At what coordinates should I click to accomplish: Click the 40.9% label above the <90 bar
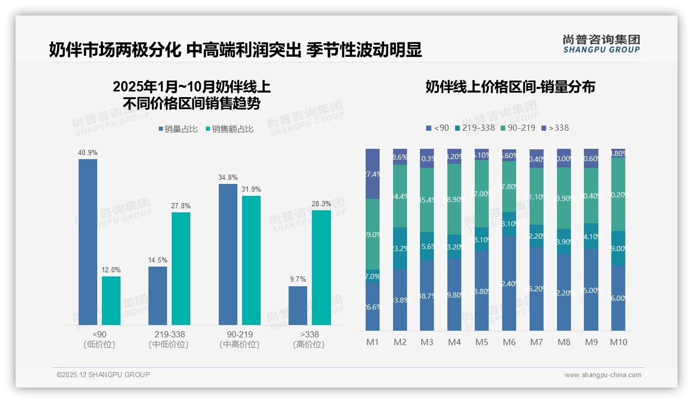coord(87,153)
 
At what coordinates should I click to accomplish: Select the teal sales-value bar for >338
coord(321,267)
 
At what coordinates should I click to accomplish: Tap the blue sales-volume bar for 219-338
coord(158,296)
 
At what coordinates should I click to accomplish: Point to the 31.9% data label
coord(251,189)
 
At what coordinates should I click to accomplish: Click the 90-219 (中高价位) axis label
coord(239,339)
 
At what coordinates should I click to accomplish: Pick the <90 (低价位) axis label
coord(99,339)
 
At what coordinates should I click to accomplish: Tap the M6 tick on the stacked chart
coord(509,342)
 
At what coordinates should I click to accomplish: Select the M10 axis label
coord(618,342)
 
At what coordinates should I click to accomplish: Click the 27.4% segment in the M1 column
coord(372,174)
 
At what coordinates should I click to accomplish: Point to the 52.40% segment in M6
coord(509,283)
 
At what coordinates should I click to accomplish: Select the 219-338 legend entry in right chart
coord(475,128)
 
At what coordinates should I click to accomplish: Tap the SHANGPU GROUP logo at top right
coord(601,44)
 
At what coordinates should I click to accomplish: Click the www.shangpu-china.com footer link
coord(602,375)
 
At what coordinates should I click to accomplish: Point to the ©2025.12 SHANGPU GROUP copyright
coord(103,375)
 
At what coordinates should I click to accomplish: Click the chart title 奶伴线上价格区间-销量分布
coord(510,87)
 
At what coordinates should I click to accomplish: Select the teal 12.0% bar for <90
coord(111,301)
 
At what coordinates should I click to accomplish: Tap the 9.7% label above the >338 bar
coord(298,280)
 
